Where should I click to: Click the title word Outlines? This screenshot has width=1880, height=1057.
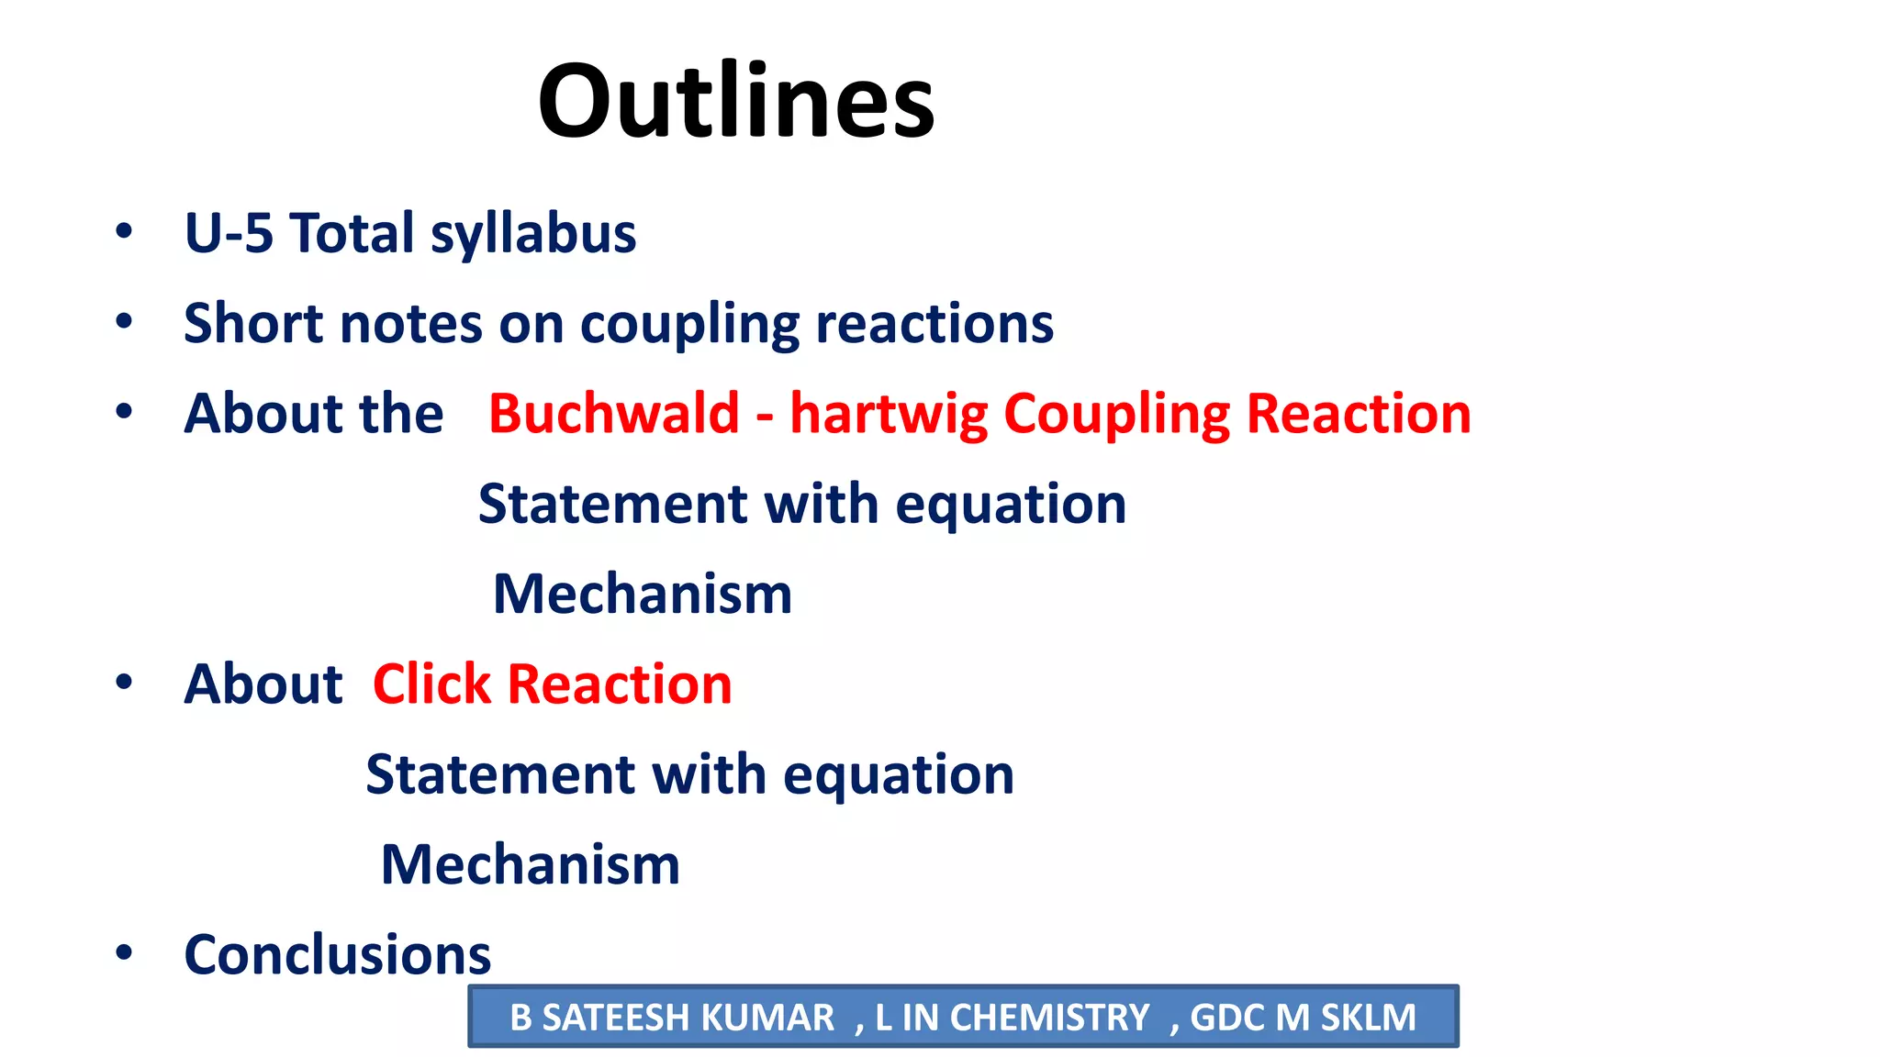click(735, 101)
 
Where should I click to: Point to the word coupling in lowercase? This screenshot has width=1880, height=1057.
click(689, 325)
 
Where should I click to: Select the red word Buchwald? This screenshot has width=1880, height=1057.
click(613, 413)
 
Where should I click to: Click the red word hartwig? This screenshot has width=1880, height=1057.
click(888, 413)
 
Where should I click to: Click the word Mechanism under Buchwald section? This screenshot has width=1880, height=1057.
click(642, 594)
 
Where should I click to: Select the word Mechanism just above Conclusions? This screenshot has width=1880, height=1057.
click(530, 864)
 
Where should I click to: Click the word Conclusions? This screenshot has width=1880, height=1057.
click(337, 954)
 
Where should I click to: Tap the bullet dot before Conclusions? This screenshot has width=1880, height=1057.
click(124, 952)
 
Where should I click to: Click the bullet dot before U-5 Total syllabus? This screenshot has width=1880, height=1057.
click(124, 231)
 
